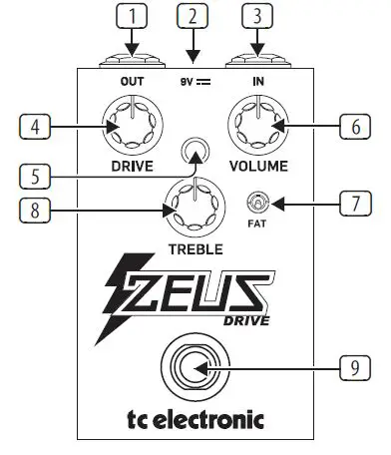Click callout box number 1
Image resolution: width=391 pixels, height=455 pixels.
click(x=132, y=16)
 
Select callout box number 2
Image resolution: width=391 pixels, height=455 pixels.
click(x=194, y=16)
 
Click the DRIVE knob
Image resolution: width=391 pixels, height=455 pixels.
click(x=132, y=126)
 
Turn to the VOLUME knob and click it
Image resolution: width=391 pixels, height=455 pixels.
click(x=256, y=126)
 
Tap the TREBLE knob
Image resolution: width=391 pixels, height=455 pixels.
click(x=195, y=208)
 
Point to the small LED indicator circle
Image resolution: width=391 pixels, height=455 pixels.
click(x=195, y=153)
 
